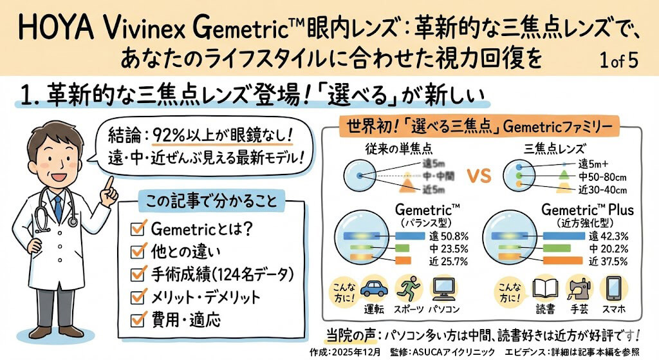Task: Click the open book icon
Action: [x=544, y=287]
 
